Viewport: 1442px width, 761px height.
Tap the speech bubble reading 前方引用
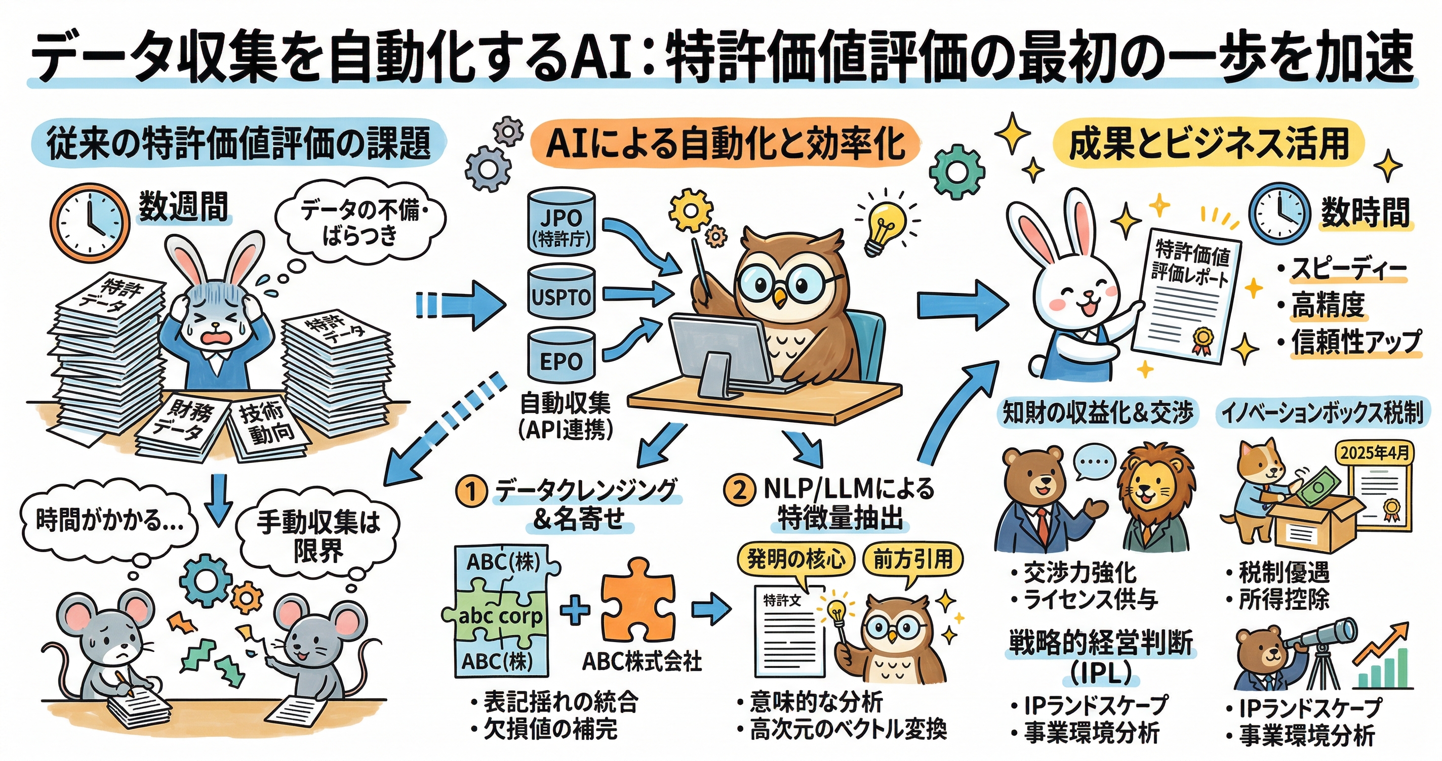tap(913, 559)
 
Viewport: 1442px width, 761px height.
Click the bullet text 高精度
tap(1328, 305)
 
